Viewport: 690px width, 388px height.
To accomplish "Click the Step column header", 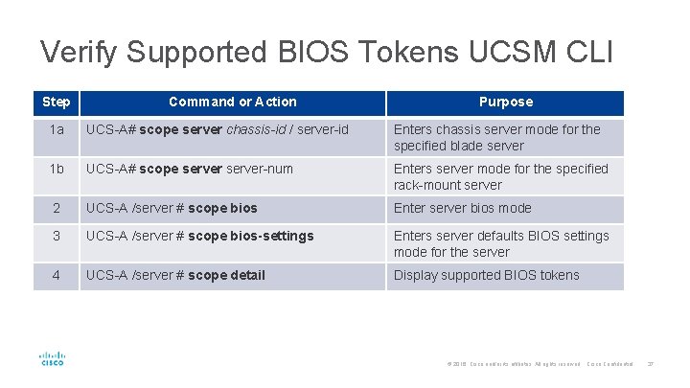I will (57, 102).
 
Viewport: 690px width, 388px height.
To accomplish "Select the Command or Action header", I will (232, 102).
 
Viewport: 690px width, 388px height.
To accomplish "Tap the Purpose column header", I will (505, 102).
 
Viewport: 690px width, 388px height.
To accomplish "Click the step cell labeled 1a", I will (57, 129).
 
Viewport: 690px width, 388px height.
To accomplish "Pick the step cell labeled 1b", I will (57, 169).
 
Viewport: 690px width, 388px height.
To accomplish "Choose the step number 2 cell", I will (57, 208).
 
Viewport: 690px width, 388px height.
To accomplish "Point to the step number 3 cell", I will (57, 236).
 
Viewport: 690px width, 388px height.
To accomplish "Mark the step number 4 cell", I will (57, 275).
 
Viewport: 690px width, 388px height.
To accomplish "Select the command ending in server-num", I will (189, 169).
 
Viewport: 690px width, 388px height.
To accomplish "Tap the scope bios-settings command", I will (199, 236).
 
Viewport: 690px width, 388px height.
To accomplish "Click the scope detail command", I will (175, 275).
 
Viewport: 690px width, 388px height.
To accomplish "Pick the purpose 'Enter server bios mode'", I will (462, 208).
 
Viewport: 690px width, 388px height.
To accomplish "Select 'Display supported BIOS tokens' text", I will (486, 275).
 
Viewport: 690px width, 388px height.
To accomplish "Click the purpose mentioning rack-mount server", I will (500, 176).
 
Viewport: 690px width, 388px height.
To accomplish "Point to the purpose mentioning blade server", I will (496, 137).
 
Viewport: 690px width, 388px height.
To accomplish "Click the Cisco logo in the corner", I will (52, 358).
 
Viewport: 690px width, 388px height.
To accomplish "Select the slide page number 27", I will (650, 364).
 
